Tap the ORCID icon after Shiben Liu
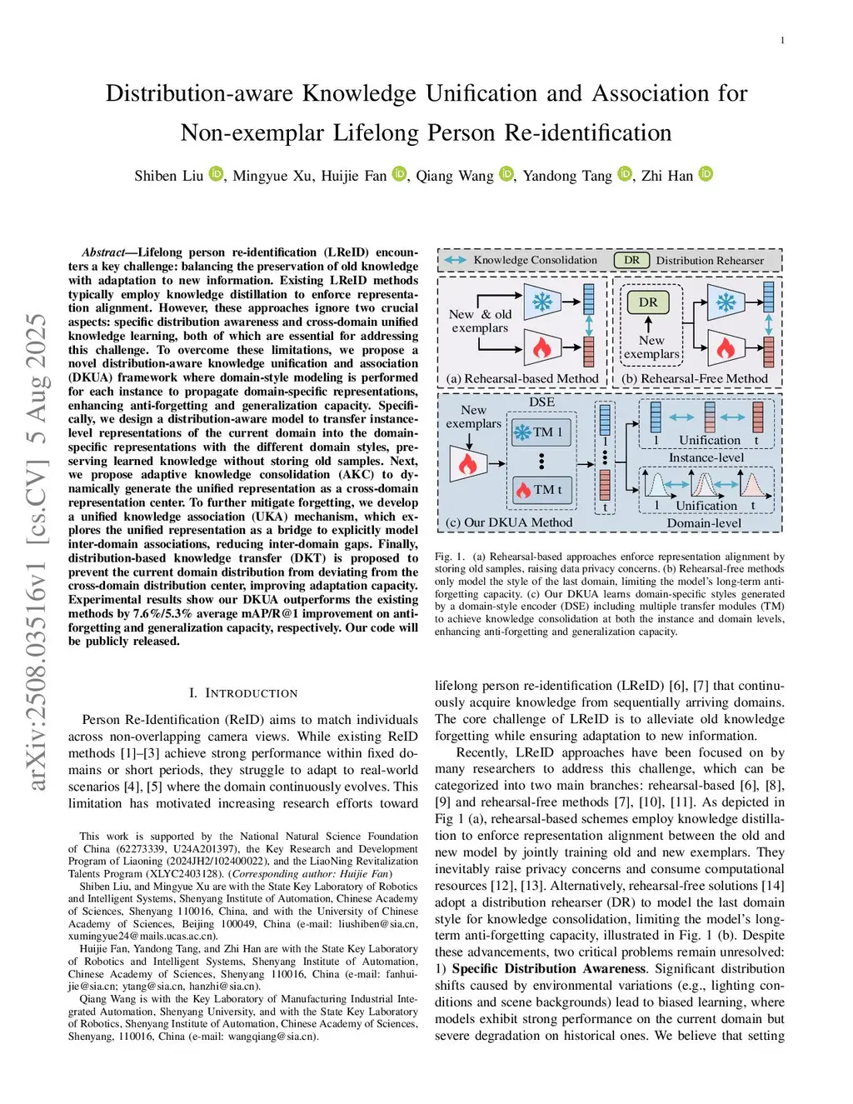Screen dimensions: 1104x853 (x=216, y=174)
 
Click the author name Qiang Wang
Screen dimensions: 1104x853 (x=455, y=176)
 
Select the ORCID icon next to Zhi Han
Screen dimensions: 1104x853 (x=706, y=174)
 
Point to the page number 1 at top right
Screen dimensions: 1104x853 (x=782, y=41)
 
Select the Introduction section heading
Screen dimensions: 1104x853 (x=243, y=693)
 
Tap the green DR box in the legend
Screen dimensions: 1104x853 (x=632, y=260)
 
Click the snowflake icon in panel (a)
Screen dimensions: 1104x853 (x=542, y=302)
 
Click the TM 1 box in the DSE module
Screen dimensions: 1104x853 (x=541, y=432)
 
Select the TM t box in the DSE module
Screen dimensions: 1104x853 (x=541, y=490)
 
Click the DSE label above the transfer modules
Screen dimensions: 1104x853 (x=541, y=402)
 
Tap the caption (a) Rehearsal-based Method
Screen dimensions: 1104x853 (x=522, y=379)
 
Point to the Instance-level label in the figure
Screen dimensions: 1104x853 (x=706, y=457)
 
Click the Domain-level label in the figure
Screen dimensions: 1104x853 (x=704, y=523)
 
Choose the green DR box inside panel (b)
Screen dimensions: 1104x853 (x=648, y=302)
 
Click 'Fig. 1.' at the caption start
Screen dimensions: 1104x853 (x=448, y=557)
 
